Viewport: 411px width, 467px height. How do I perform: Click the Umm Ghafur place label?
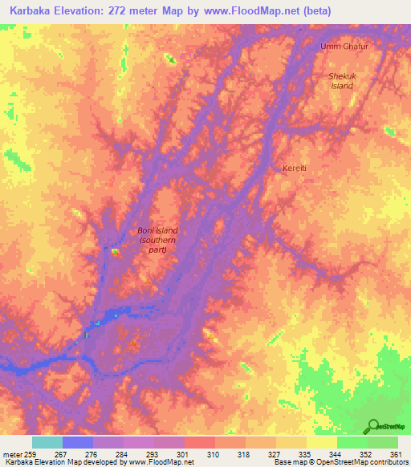344,47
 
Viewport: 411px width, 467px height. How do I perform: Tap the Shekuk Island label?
341,80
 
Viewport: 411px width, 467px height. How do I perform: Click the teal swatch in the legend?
47,442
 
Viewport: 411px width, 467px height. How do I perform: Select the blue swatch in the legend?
78,442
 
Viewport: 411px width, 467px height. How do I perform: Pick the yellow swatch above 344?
322,442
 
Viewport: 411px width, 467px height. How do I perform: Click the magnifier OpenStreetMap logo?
373,425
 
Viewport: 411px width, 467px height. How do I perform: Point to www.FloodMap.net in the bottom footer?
161,463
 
